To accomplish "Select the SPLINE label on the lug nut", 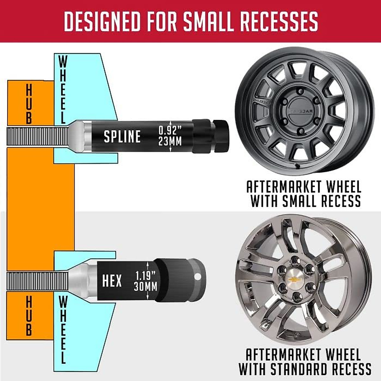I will point(122,137).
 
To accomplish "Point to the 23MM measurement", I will point(170,141).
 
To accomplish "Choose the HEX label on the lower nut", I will point(112,281).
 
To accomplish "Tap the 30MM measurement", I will point(146,287).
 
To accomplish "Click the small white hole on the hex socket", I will point(199,277).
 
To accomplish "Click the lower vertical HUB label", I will point(29,316).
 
